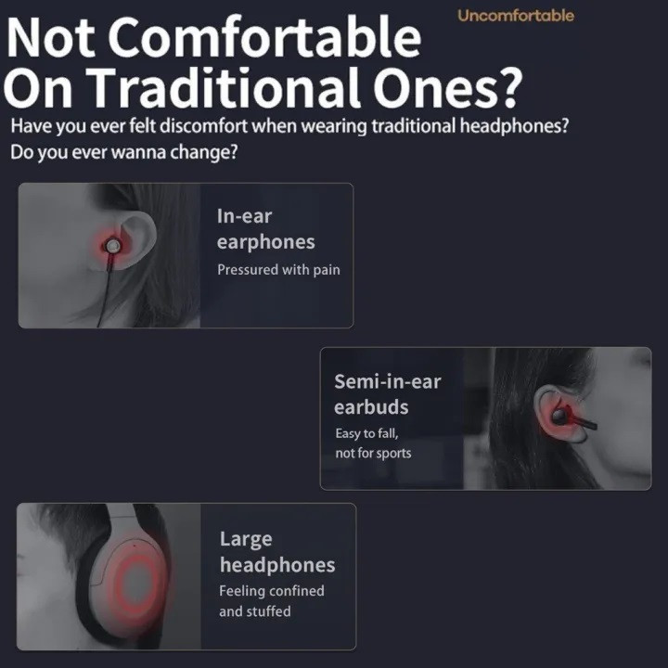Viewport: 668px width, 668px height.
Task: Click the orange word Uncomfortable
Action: click(516, 16)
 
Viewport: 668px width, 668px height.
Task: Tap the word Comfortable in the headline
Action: click(264, 37)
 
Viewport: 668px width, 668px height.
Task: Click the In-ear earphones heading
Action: click(266, 229)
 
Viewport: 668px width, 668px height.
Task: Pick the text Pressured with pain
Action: click(278, 270)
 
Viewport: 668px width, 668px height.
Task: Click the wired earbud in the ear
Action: click(112, 246)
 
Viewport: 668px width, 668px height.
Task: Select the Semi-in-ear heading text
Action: click(387, 381)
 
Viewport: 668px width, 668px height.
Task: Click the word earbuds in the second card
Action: click(371, 407)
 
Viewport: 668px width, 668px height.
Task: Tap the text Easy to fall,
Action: click(366, 433)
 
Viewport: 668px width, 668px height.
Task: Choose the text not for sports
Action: click(373, 453)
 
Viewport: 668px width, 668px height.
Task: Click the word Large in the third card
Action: click(246, 540)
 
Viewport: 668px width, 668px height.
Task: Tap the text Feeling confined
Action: click(271, 591)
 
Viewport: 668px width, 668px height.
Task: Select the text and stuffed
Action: click(255, 611)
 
